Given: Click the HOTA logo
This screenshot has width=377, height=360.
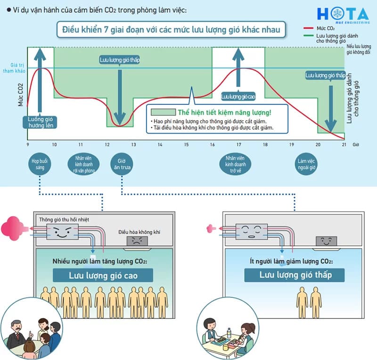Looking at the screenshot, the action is click(343, 15).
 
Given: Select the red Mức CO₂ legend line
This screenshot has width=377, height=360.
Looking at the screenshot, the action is click(308, 28).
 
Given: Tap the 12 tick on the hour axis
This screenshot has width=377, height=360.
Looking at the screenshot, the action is click(107, 144).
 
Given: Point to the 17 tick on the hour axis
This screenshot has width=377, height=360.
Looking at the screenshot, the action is click(238, 144).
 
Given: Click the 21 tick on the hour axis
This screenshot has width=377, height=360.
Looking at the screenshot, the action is click(344, 144).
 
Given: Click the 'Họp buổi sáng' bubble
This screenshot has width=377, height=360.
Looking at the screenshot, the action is click(40, 164).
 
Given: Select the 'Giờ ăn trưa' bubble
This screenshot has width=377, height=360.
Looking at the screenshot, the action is click(122, 164).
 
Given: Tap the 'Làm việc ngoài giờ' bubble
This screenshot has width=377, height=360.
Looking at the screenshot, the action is click(306, 164).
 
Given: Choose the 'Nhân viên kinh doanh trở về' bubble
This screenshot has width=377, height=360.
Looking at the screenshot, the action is click(235, 164).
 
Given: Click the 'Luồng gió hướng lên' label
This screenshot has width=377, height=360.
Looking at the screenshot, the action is click(40, 122).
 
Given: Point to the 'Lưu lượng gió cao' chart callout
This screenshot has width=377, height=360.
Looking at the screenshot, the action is click(238, 97).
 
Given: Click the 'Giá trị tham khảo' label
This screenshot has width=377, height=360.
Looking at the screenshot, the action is click(14, 68).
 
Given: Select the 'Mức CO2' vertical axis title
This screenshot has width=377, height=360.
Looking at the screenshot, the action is click(20, 95).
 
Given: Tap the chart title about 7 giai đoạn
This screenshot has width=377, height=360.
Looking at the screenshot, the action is click(171, 30).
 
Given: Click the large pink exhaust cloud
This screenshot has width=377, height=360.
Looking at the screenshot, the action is click(12, 228).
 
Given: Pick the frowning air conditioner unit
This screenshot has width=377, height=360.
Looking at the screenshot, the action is click(137, 241).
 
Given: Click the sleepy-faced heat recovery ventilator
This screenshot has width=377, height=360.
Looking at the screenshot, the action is click(252, 231).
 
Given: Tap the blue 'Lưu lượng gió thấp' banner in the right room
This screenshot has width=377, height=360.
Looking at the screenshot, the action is click(294, 275).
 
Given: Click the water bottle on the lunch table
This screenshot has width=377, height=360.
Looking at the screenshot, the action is click(229, 333).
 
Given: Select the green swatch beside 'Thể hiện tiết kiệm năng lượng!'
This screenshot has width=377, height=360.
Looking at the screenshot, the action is click(163, 112).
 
